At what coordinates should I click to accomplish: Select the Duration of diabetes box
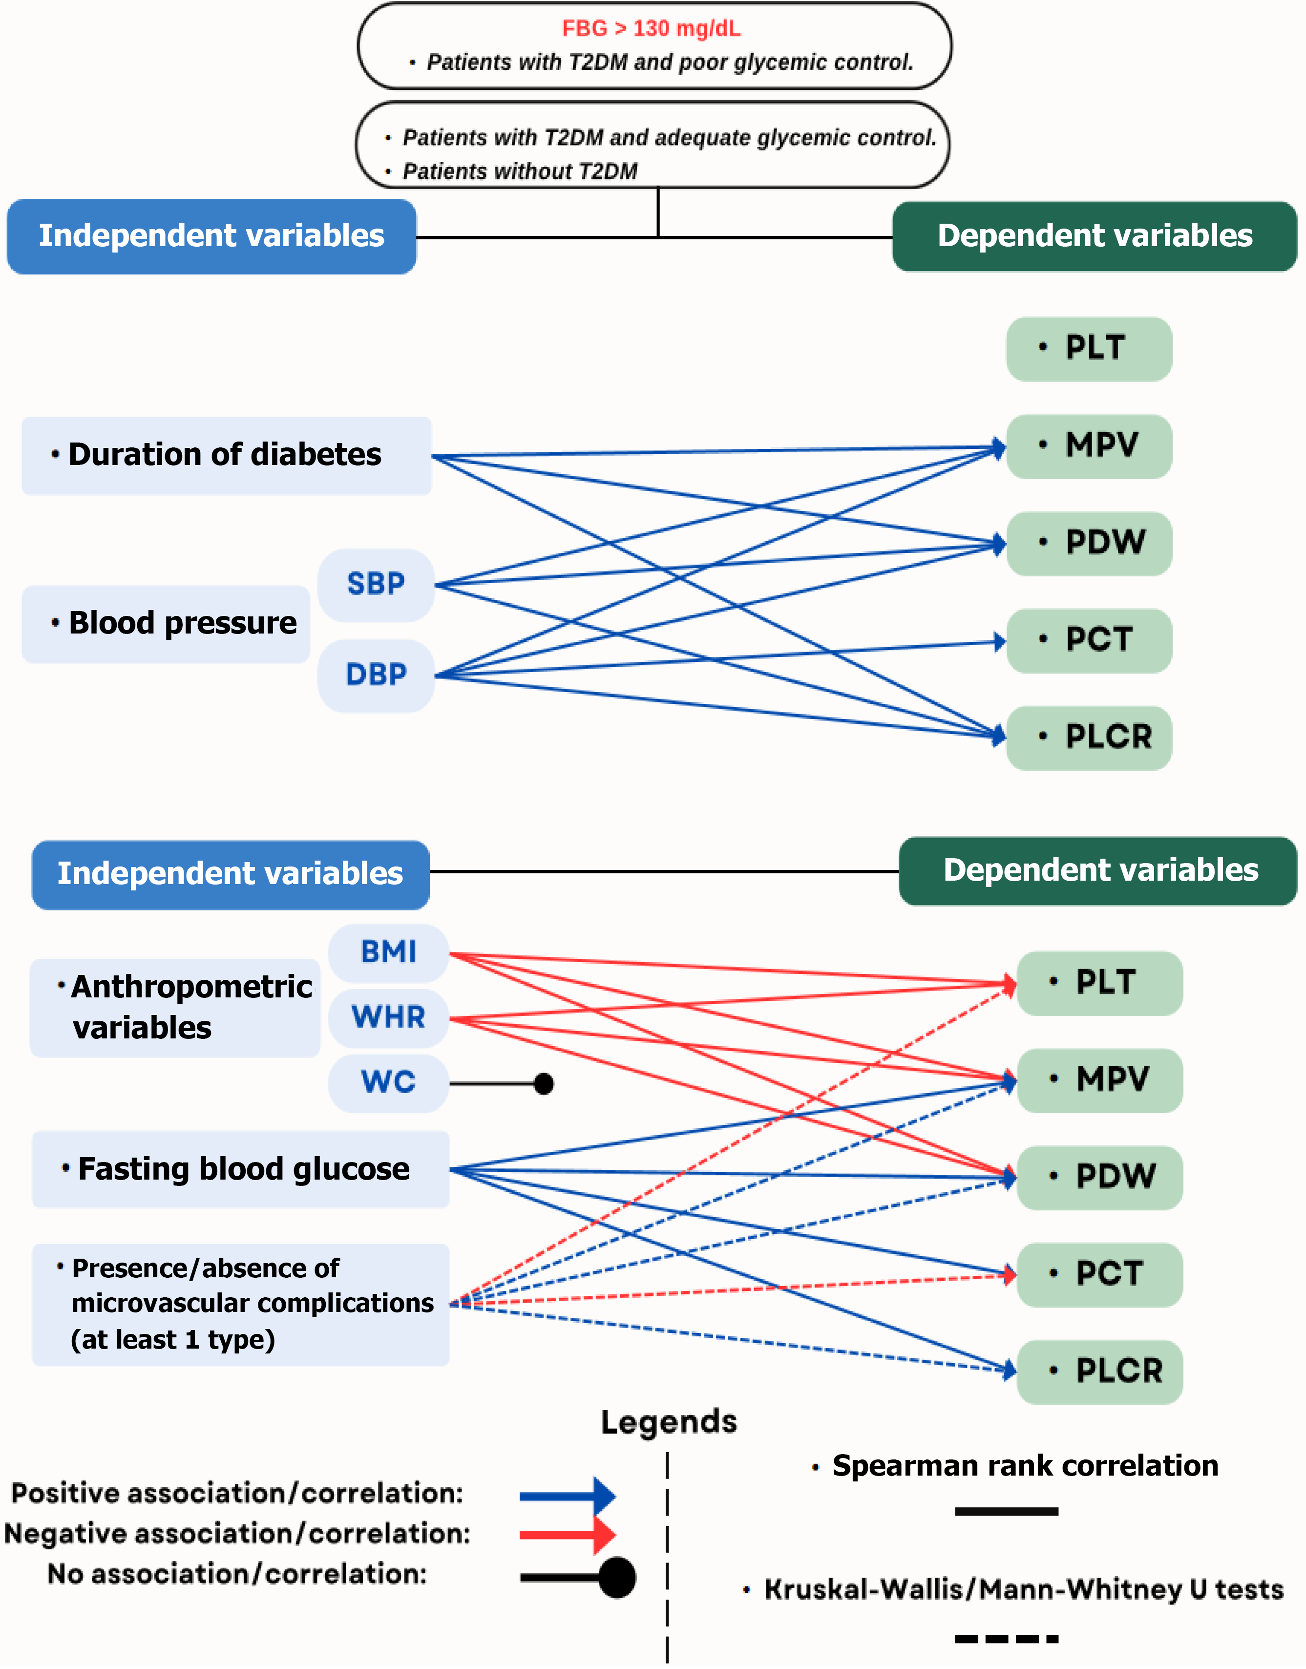[226, 456]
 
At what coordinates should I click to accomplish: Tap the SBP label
[376, 585]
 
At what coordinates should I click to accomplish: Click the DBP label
[376, 675]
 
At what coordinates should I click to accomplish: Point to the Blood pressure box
[166, 624]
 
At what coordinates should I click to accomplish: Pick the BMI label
[388, 952]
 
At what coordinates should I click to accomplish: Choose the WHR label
[388, 1017]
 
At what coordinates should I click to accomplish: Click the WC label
[388, 1082]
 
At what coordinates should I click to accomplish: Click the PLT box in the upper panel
[1089, 349]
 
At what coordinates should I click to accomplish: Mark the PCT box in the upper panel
[1089, 641]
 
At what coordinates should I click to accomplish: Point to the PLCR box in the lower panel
[1099, 1372]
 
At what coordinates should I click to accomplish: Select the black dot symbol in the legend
[617, 1577]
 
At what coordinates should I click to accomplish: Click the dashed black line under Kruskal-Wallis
[1006, 1638]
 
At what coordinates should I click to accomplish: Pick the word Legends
[669, 1422]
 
